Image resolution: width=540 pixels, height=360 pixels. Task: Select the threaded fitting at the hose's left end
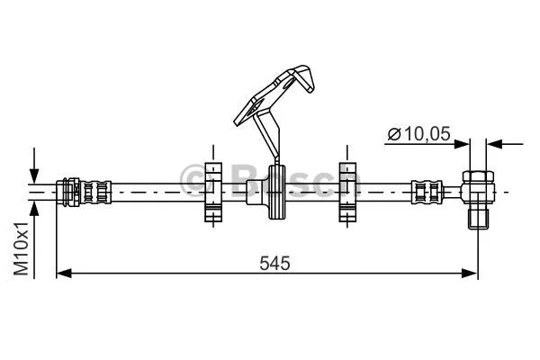[85, 191]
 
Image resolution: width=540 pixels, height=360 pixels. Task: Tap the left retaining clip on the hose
[212, 191]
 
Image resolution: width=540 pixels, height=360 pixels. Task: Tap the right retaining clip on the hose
[347, 191]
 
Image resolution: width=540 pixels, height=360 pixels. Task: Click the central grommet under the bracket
[274, 192]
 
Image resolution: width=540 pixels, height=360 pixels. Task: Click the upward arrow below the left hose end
[34, 206]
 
